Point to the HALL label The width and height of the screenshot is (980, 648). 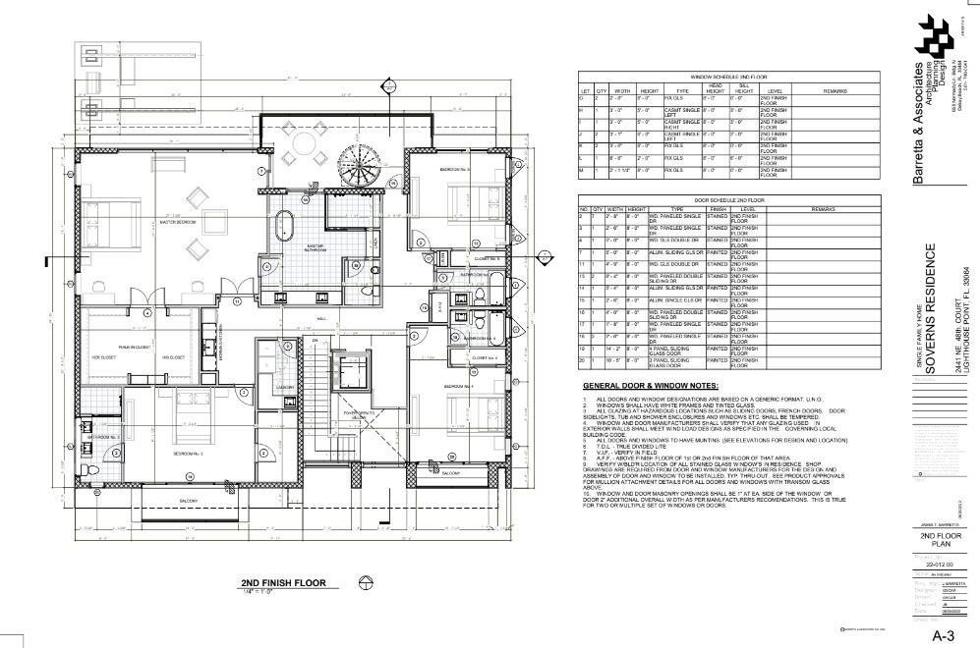[x=320, y=317]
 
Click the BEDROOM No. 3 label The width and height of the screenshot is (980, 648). [x=189, y=454]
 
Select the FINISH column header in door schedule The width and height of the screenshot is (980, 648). [x=717, y=209]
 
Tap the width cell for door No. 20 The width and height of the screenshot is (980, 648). [x=614, y=362]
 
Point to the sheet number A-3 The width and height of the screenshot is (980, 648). [x=944, y=634]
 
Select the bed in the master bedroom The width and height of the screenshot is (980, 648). [x=108, y=234]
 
